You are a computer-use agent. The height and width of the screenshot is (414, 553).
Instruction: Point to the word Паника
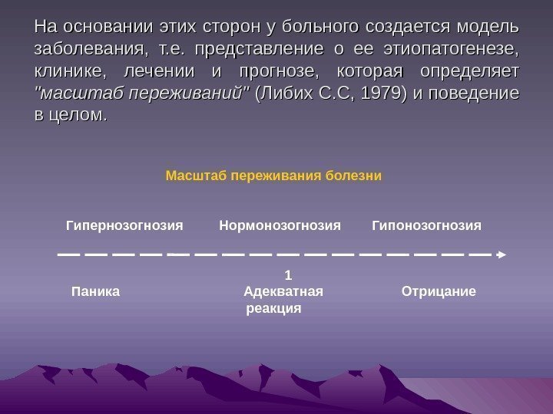coord(95,291)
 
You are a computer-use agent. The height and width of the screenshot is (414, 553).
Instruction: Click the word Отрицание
coord(439,291)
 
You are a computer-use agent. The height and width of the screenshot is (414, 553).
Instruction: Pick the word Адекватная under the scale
coord(283,291)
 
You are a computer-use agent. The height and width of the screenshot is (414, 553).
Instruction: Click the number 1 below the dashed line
coord(288,274)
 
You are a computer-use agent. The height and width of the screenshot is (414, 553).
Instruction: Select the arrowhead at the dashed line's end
coord(501,252)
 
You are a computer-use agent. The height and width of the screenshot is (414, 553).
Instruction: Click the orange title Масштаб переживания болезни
coord(273,176)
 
